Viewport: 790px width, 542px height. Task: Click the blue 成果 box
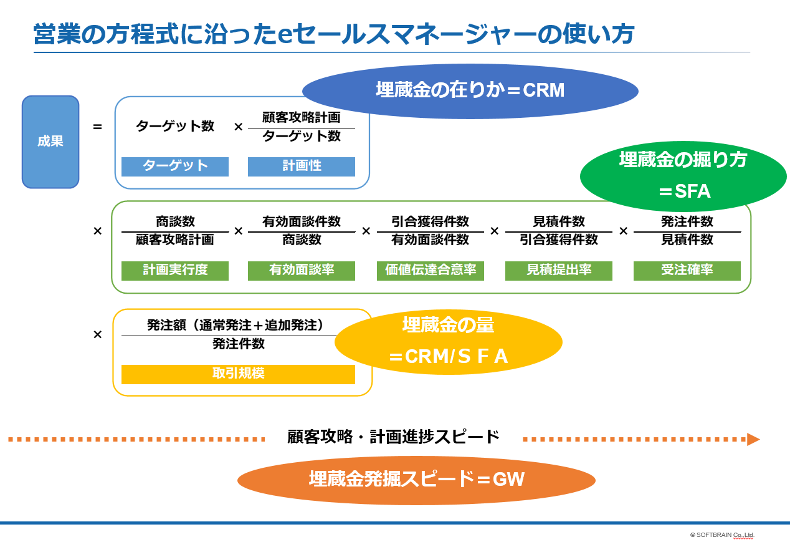coord(50,142)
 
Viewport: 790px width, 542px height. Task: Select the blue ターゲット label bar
coord(175,167)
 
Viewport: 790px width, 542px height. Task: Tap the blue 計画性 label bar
coord(302,167)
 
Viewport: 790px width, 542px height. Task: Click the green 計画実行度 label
coord(175,271)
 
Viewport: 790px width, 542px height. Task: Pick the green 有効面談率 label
coord(302,271)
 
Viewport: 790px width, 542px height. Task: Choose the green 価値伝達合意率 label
coord(431,271)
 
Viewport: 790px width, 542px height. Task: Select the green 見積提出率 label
coord(559,271)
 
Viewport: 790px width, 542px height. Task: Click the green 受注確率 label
coord(687,271)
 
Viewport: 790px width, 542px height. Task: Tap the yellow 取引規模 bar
coord(238,374)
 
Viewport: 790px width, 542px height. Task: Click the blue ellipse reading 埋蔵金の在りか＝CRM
coord(470,91)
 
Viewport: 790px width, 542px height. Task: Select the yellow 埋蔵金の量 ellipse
coord(449,342)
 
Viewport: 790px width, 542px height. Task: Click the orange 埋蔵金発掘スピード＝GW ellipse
coord(416,480)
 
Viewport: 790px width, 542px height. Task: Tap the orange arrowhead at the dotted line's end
coord(753,439)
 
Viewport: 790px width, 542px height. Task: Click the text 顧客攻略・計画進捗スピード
coord(394,437)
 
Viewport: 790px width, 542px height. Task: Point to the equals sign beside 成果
coord(97,127)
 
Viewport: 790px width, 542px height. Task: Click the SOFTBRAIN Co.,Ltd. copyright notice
coord(722,535)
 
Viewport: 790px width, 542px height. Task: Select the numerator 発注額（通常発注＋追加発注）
coord(236,325)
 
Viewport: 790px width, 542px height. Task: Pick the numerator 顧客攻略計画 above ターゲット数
coord(302,117)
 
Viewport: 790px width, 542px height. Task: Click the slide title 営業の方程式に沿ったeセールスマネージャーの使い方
coord(334,35)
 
